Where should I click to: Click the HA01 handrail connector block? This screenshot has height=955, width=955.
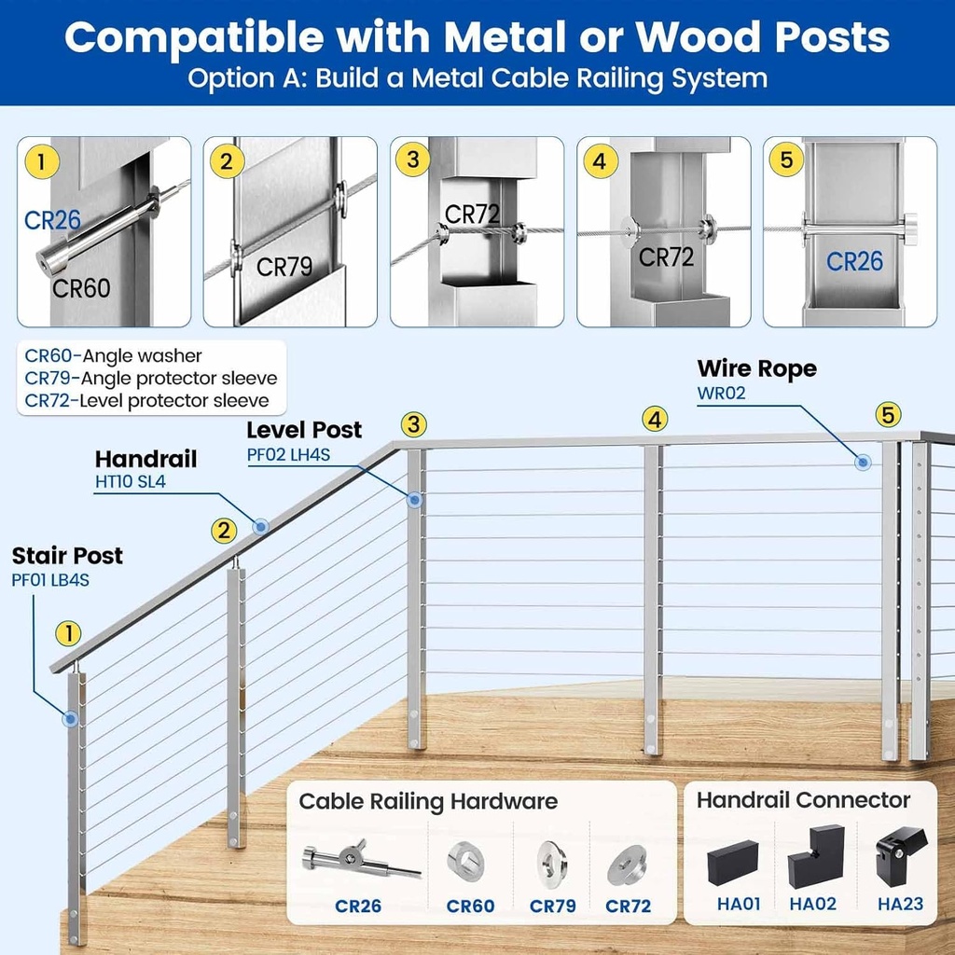coord(733,864)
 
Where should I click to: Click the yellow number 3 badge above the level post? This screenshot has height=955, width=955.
coord(415,424)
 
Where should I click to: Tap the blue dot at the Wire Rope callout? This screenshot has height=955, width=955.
coord(864,462)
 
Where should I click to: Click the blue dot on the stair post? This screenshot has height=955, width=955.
coord(70,719)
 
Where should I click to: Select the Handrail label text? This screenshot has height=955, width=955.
coord(145,460)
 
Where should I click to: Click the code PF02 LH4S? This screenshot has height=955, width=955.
coord(288,455)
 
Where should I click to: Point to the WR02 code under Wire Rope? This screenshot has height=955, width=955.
coord(722,393)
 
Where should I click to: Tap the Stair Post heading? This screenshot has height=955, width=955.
coord(67,556)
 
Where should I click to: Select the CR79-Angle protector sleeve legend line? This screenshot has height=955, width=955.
coord(151,378)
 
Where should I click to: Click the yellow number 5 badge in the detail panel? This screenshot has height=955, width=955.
coord(787,160)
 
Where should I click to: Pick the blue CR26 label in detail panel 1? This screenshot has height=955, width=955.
coord(53,221)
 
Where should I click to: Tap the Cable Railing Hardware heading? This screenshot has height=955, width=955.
coord(428,801)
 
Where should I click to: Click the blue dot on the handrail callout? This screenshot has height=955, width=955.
coord(261,526)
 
